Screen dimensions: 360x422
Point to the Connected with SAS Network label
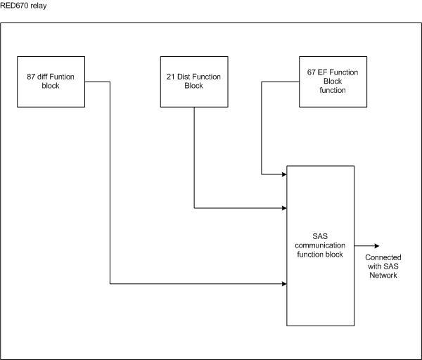click(383, 266)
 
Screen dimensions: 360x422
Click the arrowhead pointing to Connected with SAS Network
click(378, 246)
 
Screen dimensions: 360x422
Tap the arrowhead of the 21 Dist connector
click(283, 208)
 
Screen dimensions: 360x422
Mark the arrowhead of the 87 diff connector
click(283, 284)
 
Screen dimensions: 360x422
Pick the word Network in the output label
click(383, 275)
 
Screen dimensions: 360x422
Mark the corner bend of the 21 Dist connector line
click(194, 208)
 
